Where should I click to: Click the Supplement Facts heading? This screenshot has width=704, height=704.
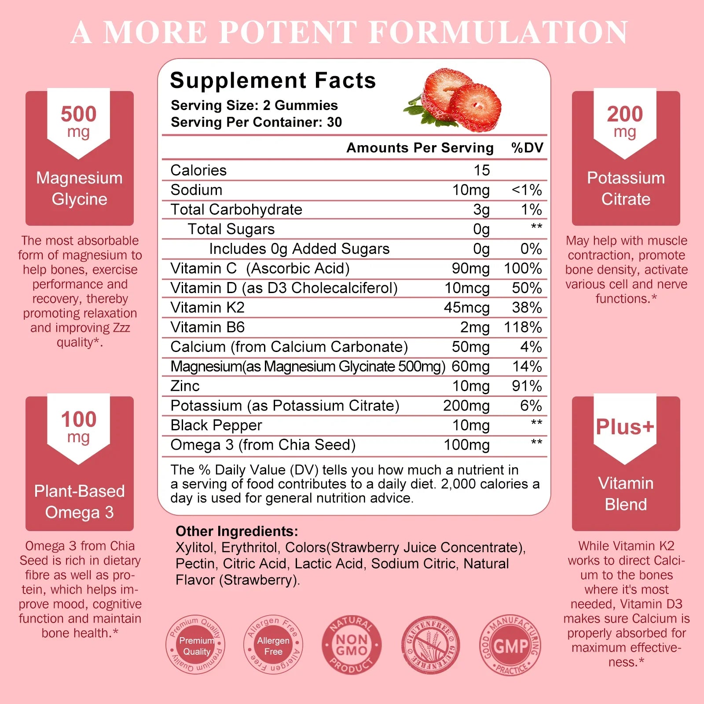click(x=273, y=81)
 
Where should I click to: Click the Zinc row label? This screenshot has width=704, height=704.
click(x=185, y=386)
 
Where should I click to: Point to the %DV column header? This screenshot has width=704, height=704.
click(x=527, y=148)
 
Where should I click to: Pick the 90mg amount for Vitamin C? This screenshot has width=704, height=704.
click(x=470, y=268)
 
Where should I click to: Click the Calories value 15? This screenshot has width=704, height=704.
click(x=481, y=170)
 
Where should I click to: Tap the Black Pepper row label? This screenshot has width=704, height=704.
click(x=216, y=425)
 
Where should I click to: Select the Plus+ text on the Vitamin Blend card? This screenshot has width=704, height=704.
click(x=625, y=427)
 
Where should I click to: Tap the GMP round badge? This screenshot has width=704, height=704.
click(x=510, y=645)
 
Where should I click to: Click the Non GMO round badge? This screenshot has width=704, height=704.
click(x=352, y=645)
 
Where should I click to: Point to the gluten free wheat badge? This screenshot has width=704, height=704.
click(x=431, y=645)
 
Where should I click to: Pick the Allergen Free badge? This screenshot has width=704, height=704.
click(x=273, y=645)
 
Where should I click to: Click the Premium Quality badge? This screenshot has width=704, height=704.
click(x=196, y=645)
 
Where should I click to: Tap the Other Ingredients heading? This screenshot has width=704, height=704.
click(x=237, y=531)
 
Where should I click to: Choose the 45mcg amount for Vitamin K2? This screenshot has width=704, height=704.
click(x=466, y=308)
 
